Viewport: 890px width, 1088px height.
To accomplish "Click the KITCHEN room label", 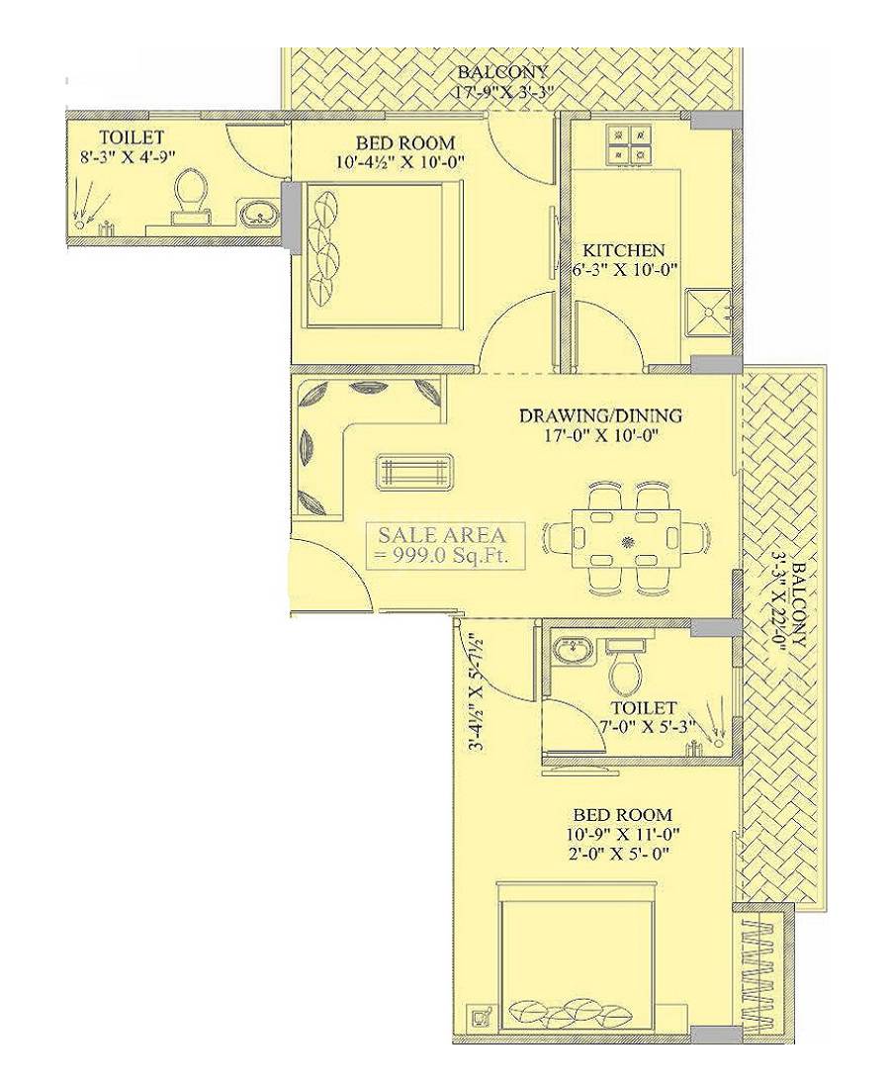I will pos(623,250).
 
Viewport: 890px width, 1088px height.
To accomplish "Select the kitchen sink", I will pos(712,309).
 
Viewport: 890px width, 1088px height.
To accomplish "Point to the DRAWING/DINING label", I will pos(600,415).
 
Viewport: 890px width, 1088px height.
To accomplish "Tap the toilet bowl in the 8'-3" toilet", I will pos(188,193).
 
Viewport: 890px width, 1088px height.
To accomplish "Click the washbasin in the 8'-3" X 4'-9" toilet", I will pos(259,212).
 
